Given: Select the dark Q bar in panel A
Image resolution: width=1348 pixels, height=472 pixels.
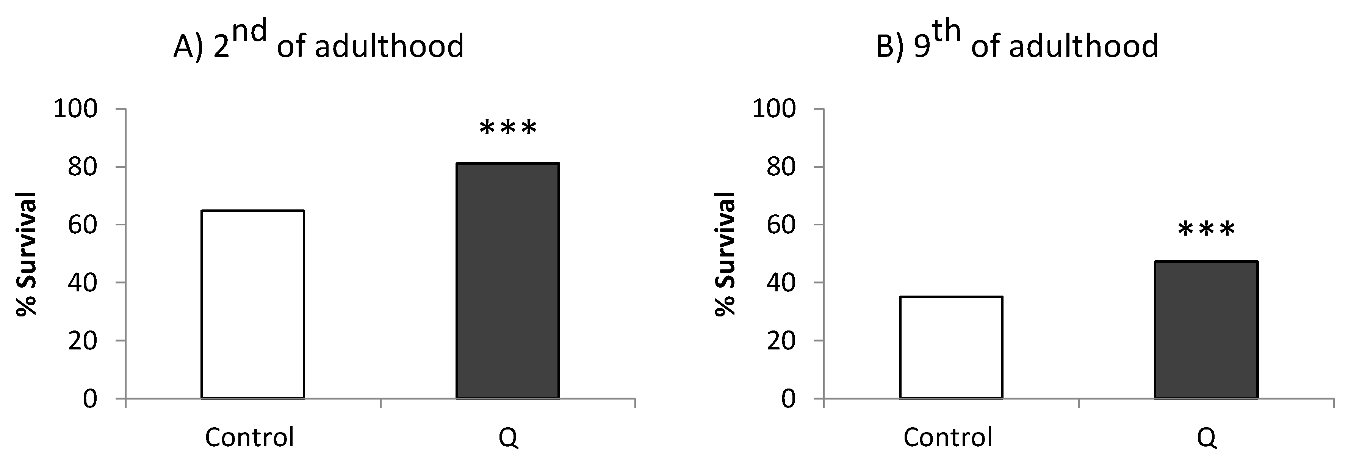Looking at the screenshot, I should [507, 281].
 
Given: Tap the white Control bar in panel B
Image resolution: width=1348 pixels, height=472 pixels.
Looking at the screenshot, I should [951, 348].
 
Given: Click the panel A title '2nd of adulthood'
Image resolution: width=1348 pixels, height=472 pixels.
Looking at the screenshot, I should [319, 42].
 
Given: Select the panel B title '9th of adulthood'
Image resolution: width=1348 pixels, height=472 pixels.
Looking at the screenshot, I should [1017, 42].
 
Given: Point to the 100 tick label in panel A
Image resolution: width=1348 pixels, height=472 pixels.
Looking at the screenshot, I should [76, 109].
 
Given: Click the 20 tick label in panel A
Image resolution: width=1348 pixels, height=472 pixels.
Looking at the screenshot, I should [83, 341].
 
